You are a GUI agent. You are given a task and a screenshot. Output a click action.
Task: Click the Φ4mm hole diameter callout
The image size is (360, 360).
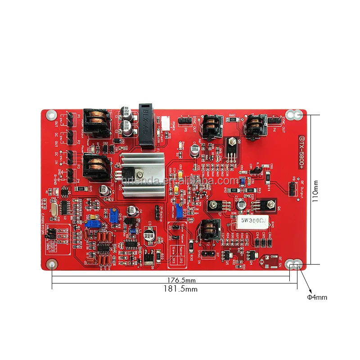[317, 297]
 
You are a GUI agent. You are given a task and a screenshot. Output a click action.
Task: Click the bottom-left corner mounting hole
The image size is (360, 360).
[52, 264]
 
